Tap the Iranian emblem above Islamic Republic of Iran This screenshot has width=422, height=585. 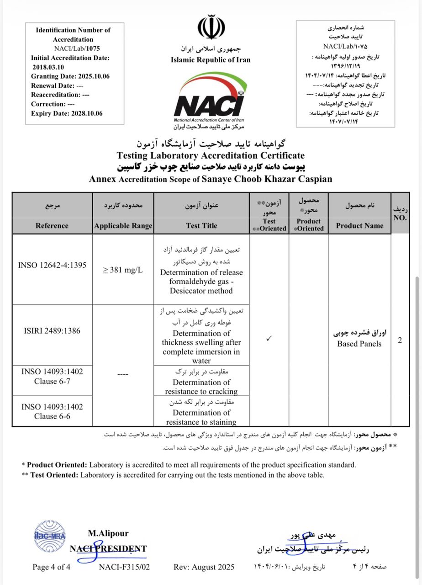[211, 29]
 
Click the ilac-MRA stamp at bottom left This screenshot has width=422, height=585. [50, 537]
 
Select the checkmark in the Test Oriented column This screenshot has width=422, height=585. [269, 339]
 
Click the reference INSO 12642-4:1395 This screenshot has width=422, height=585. [52, 265]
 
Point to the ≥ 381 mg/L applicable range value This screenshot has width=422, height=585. [123, 270]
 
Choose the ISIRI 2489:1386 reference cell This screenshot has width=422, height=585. [52, 330]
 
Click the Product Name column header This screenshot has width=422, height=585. [359, 225]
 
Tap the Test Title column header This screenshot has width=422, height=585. [201, 225]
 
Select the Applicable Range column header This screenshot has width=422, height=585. [123, 225]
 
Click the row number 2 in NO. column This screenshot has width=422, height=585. [400, 340]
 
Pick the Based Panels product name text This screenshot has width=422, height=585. [359, 344]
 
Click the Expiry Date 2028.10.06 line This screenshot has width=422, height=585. [67, 113]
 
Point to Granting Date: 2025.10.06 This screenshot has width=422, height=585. [70, 76]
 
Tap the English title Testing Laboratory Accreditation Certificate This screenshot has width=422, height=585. [211, 155]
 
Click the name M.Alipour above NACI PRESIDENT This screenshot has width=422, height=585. [108, 533]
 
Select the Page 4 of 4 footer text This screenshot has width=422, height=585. [52, 567]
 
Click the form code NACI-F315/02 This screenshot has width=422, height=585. [124, 567]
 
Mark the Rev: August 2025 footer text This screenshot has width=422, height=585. [204, 567]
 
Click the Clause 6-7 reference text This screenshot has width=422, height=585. [52, 381]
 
